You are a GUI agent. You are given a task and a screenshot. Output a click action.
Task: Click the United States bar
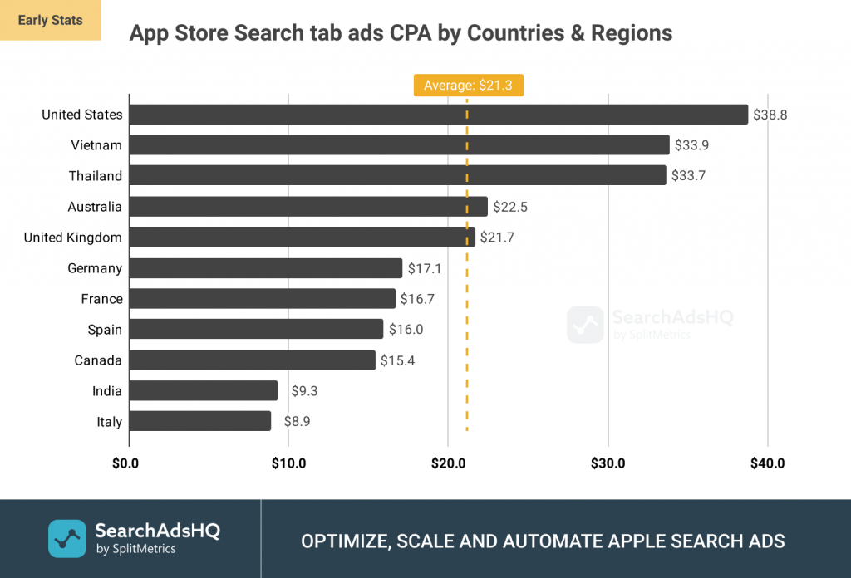pos(439,115)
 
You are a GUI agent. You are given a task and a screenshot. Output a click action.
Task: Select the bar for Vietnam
pos(399,145)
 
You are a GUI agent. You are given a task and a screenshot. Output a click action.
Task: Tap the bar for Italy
pos(200,422)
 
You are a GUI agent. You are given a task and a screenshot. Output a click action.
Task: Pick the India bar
pos(204,391)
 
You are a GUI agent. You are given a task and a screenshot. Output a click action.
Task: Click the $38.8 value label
pos(770,115)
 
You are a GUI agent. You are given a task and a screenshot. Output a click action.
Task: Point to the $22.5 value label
pos(510,207)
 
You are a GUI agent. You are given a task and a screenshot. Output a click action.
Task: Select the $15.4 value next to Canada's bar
pos(397,360)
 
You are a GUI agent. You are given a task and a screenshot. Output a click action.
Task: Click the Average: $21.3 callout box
pos(468,86)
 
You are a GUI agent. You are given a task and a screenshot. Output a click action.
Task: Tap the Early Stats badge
pos(50,20)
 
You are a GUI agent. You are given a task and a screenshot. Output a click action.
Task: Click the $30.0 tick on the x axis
pos(608,463)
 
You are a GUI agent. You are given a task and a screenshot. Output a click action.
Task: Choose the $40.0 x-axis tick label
pos(767,463)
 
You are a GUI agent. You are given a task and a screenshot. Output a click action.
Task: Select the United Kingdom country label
pos(73,238)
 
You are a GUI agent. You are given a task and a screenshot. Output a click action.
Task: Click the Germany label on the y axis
pos(95,268)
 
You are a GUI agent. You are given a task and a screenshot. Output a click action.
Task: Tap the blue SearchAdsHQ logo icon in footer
pos(66,538)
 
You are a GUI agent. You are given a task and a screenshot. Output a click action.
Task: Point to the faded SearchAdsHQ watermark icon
pos(585,325)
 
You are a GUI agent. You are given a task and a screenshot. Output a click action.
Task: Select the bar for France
pos(263,299)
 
